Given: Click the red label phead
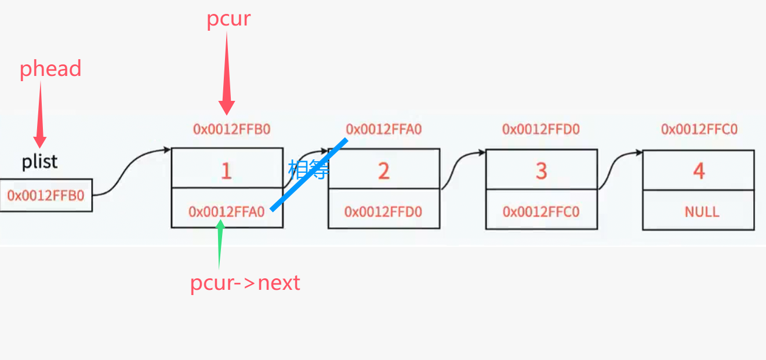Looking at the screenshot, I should click(50, 69).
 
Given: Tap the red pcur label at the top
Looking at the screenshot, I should click(228, 19).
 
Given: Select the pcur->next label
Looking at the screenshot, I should click(245, 283).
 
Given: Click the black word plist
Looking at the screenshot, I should click(40, 161).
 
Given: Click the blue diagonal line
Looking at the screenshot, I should click(309, 174).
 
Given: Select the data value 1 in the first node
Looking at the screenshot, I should click(226, 171).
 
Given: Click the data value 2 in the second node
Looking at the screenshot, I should click(383, 171).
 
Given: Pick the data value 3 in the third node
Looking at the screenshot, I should click(541, 171).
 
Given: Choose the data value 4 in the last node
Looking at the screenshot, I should click(699, 171).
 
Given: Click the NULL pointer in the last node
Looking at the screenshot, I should click(702, 211).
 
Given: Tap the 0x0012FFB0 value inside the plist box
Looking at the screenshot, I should click(46, 195).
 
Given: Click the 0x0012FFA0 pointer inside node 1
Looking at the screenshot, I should click(226, 212).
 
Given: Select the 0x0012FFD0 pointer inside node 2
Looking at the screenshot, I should click(383, 212).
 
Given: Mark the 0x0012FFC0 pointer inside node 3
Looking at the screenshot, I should click(541, 212).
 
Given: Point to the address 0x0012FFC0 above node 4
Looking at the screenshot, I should click(699, 129).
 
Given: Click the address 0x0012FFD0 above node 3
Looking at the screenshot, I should click(541, 129).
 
